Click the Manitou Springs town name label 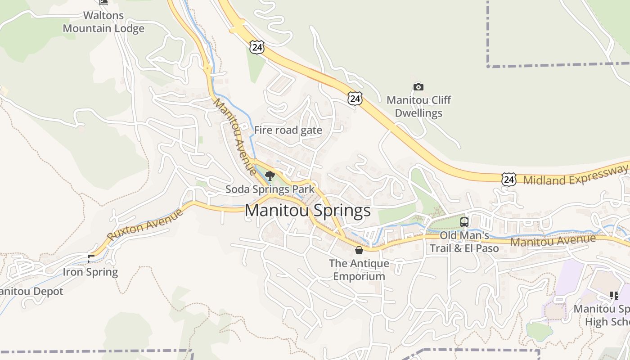(x=308, y=211)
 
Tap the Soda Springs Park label (x=270, y=189)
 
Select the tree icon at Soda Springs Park (x=270, y=176)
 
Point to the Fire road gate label (x=288, y=130)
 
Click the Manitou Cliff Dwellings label (x=418, y=106)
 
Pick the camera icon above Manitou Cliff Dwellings (x=418, y=87)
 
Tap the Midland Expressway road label (x=575, y=175)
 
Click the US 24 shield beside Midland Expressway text (x=508, y=179)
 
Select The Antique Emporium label (x=359, y=269)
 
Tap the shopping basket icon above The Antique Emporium (x=359, y=250)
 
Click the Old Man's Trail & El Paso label (x=464, y=242)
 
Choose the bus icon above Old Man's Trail (x=464, y=222)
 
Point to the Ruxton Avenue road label (x=145, y=224)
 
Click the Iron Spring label (x=90, y=272)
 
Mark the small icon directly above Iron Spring (x=91, y=258)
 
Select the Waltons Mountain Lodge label (x=103, y=22)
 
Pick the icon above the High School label (x=614, y=295)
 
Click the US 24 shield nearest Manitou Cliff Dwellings (x=355, y=99)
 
